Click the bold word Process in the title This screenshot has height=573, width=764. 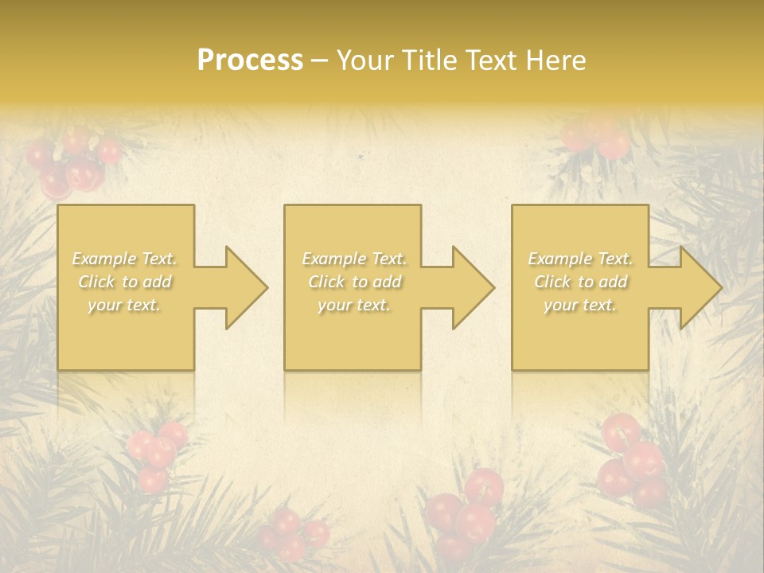[x=250, y=60]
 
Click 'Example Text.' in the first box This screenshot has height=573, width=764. [x=125, y=259]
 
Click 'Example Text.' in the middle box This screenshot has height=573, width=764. [x=354, y=259]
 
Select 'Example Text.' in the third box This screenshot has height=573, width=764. [x=580, y=259]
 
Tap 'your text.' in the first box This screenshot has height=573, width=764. [x=125, y=305]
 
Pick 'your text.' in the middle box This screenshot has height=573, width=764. [x=354, y=305]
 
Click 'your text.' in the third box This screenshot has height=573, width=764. [x=580, y=305]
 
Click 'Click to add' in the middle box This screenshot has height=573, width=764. [x=354, y=282]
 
